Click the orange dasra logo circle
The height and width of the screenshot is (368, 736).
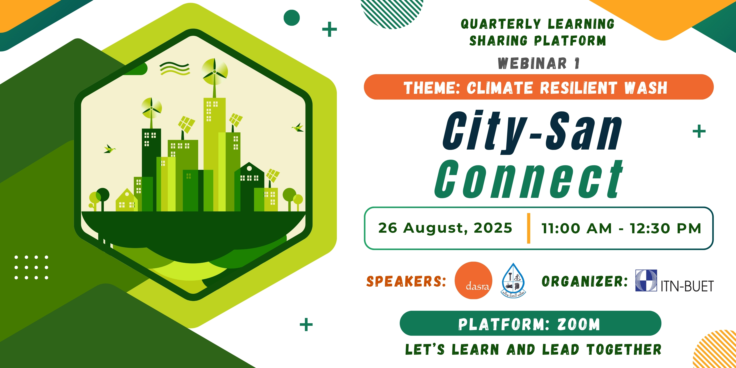[x=473, y=280]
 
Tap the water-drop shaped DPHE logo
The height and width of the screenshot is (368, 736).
[x=514, y=280]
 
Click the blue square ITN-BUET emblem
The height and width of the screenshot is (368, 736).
[x=646, y=280]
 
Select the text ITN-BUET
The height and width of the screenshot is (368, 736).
[x=687, y=286]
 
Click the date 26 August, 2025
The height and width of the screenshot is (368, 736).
[x=445, y=228]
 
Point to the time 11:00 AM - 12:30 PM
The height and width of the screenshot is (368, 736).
[x=622, y=228]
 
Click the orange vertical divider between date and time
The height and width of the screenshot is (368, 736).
[x=529, y=228]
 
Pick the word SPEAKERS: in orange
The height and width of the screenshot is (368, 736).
[x=406, y=281]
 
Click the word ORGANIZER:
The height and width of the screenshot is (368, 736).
[x=585, y=281]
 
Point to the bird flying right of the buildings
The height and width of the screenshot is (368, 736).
[x=298, y=127]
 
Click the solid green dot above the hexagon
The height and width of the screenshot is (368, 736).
[x=291, y=18]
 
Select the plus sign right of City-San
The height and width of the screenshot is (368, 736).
[x=699, y=131]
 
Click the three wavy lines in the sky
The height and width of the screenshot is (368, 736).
[x=174, y=69]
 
